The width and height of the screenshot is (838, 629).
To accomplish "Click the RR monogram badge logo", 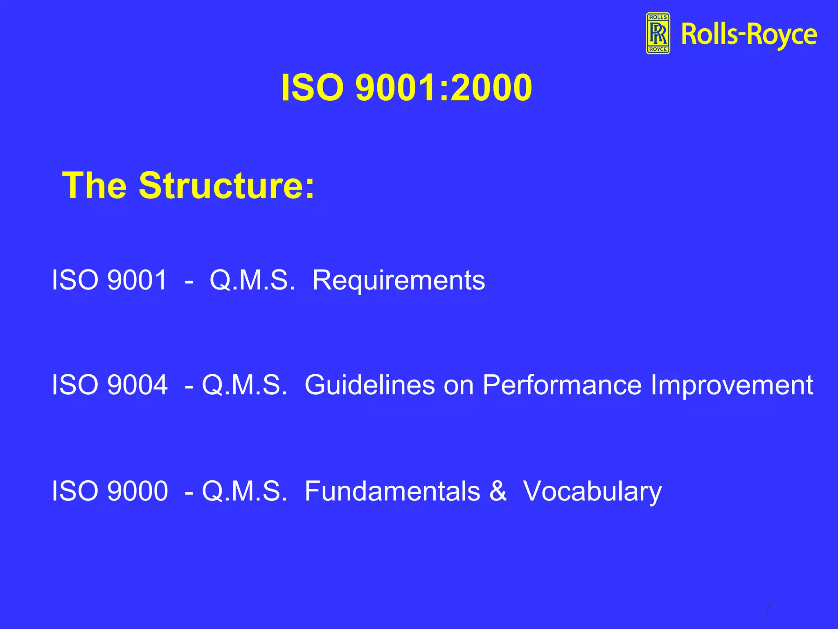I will (658, 33).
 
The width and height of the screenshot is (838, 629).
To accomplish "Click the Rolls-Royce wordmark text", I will (749, 35).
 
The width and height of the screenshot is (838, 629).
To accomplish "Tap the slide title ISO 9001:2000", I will (406, 88).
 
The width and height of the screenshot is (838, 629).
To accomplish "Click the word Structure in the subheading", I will (227, 186).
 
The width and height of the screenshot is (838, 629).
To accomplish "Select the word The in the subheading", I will (95, 186).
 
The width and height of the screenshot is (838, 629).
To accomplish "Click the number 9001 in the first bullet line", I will (137, 281).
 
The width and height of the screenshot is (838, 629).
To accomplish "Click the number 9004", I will (137, 385).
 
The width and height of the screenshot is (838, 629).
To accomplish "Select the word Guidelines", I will (369, 385).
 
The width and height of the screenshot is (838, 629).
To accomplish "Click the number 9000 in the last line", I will (137, 491).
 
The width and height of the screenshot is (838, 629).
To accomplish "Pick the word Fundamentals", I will (392, 491).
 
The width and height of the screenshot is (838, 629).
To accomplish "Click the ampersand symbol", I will (498, 491).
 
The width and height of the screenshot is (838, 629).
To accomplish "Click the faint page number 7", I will (767, 610).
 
